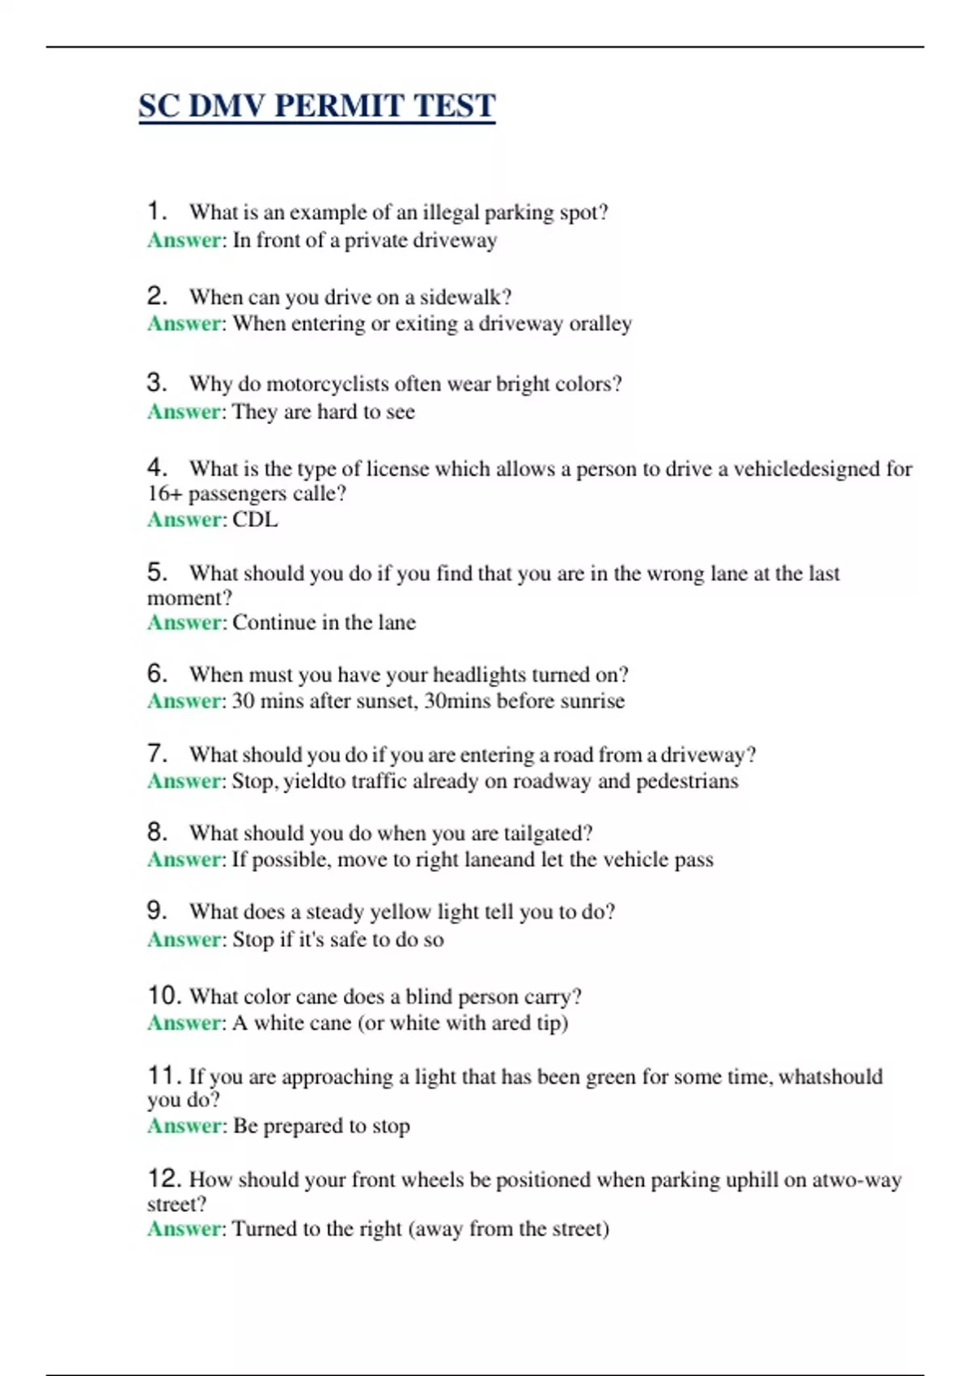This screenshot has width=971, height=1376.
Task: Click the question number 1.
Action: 156,211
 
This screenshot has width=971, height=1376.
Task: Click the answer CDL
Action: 255,520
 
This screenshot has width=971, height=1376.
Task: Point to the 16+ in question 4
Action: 164,494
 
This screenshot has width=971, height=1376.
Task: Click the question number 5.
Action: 156,572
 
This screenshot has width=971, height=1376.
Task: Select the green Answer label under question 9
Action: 184,940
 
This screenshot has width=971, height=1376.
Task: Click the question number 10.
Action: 163,995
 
